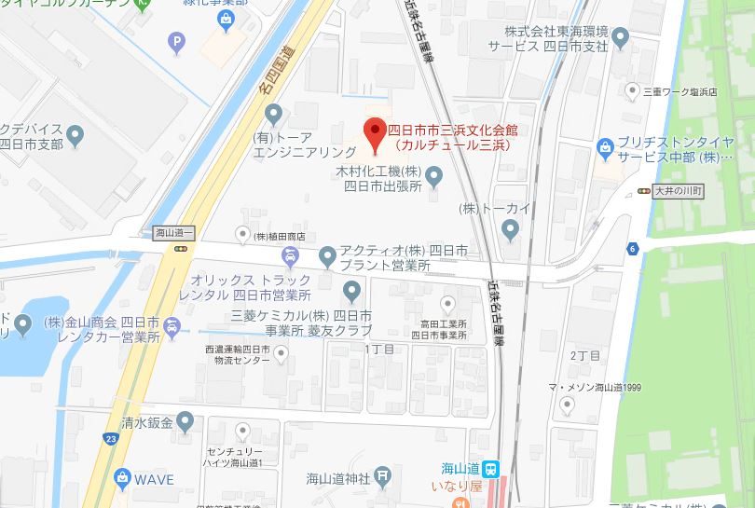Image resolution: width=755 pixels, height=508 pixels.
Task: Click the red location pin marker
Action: click(375, 133)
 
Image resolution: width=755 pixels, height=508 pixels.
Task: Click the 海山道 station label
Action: click(461, 468)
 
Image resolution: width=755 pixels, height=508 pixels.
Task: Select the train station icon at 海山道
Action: click(491, 469)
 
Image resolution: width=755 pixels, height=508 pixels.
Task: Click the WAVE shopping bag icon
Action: click(121, 478)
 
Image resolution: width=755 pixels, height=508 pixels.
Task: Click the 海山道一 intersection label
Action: click(172, 233)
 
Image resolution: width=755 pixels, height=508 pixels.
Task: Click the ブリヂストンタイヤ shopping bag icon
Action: click(606, 147)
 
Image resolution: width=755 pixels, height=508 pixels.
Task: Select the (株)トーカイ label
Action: click(493, 207)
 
